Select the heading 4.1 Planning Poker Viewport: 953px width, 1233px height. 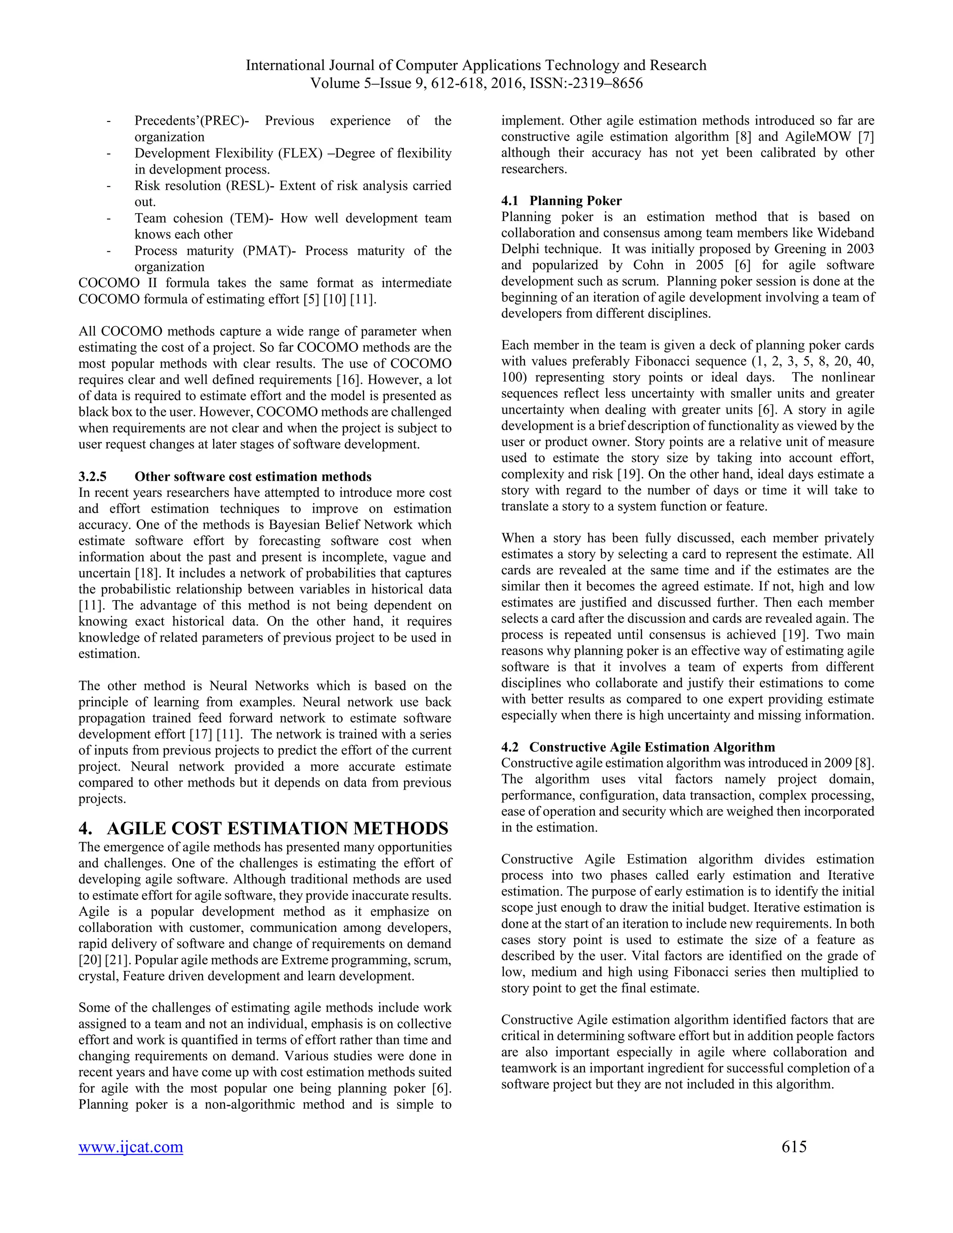pyautogui.click(x=561, y=201)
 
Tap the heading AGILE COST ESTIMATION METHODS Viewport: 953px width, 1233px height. pyautogui.click(x=277, y=828)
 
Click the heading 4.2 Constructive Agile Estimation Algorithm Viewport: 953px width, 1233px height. pyautogui.click(x=638, y=747)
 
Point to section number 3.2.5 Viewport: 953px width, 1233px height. pyautogui.click(x=92, y=476)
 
